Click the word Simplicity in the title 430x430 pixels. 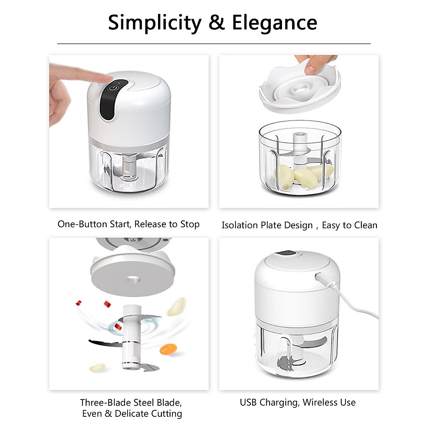(x=155, y=23)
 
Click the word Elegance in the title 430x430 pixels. (x=274, y=23)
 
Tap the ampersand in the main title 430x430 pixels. (x=216, y=23)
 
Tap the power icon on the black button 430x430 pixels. (x=114, y=87)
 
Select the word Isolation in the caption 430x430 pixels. (x=240, y=225)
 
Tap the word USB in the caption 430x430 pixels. (x=248, y=402)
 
